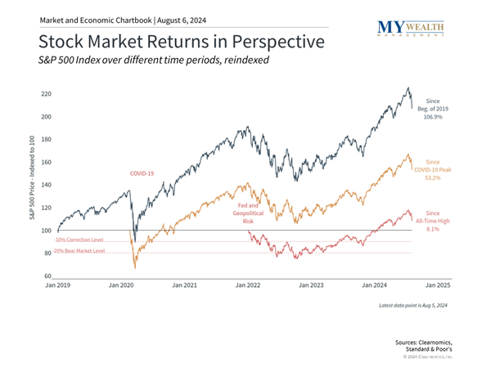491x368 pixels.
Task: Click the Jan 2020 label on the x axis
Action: point(121,287)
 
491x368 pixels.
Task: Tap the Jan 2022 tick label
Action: point(248,287)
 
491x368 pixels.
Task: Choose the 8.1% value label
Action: point(434,230)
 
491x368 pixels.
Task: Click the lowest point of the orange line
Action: point(136,267)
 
